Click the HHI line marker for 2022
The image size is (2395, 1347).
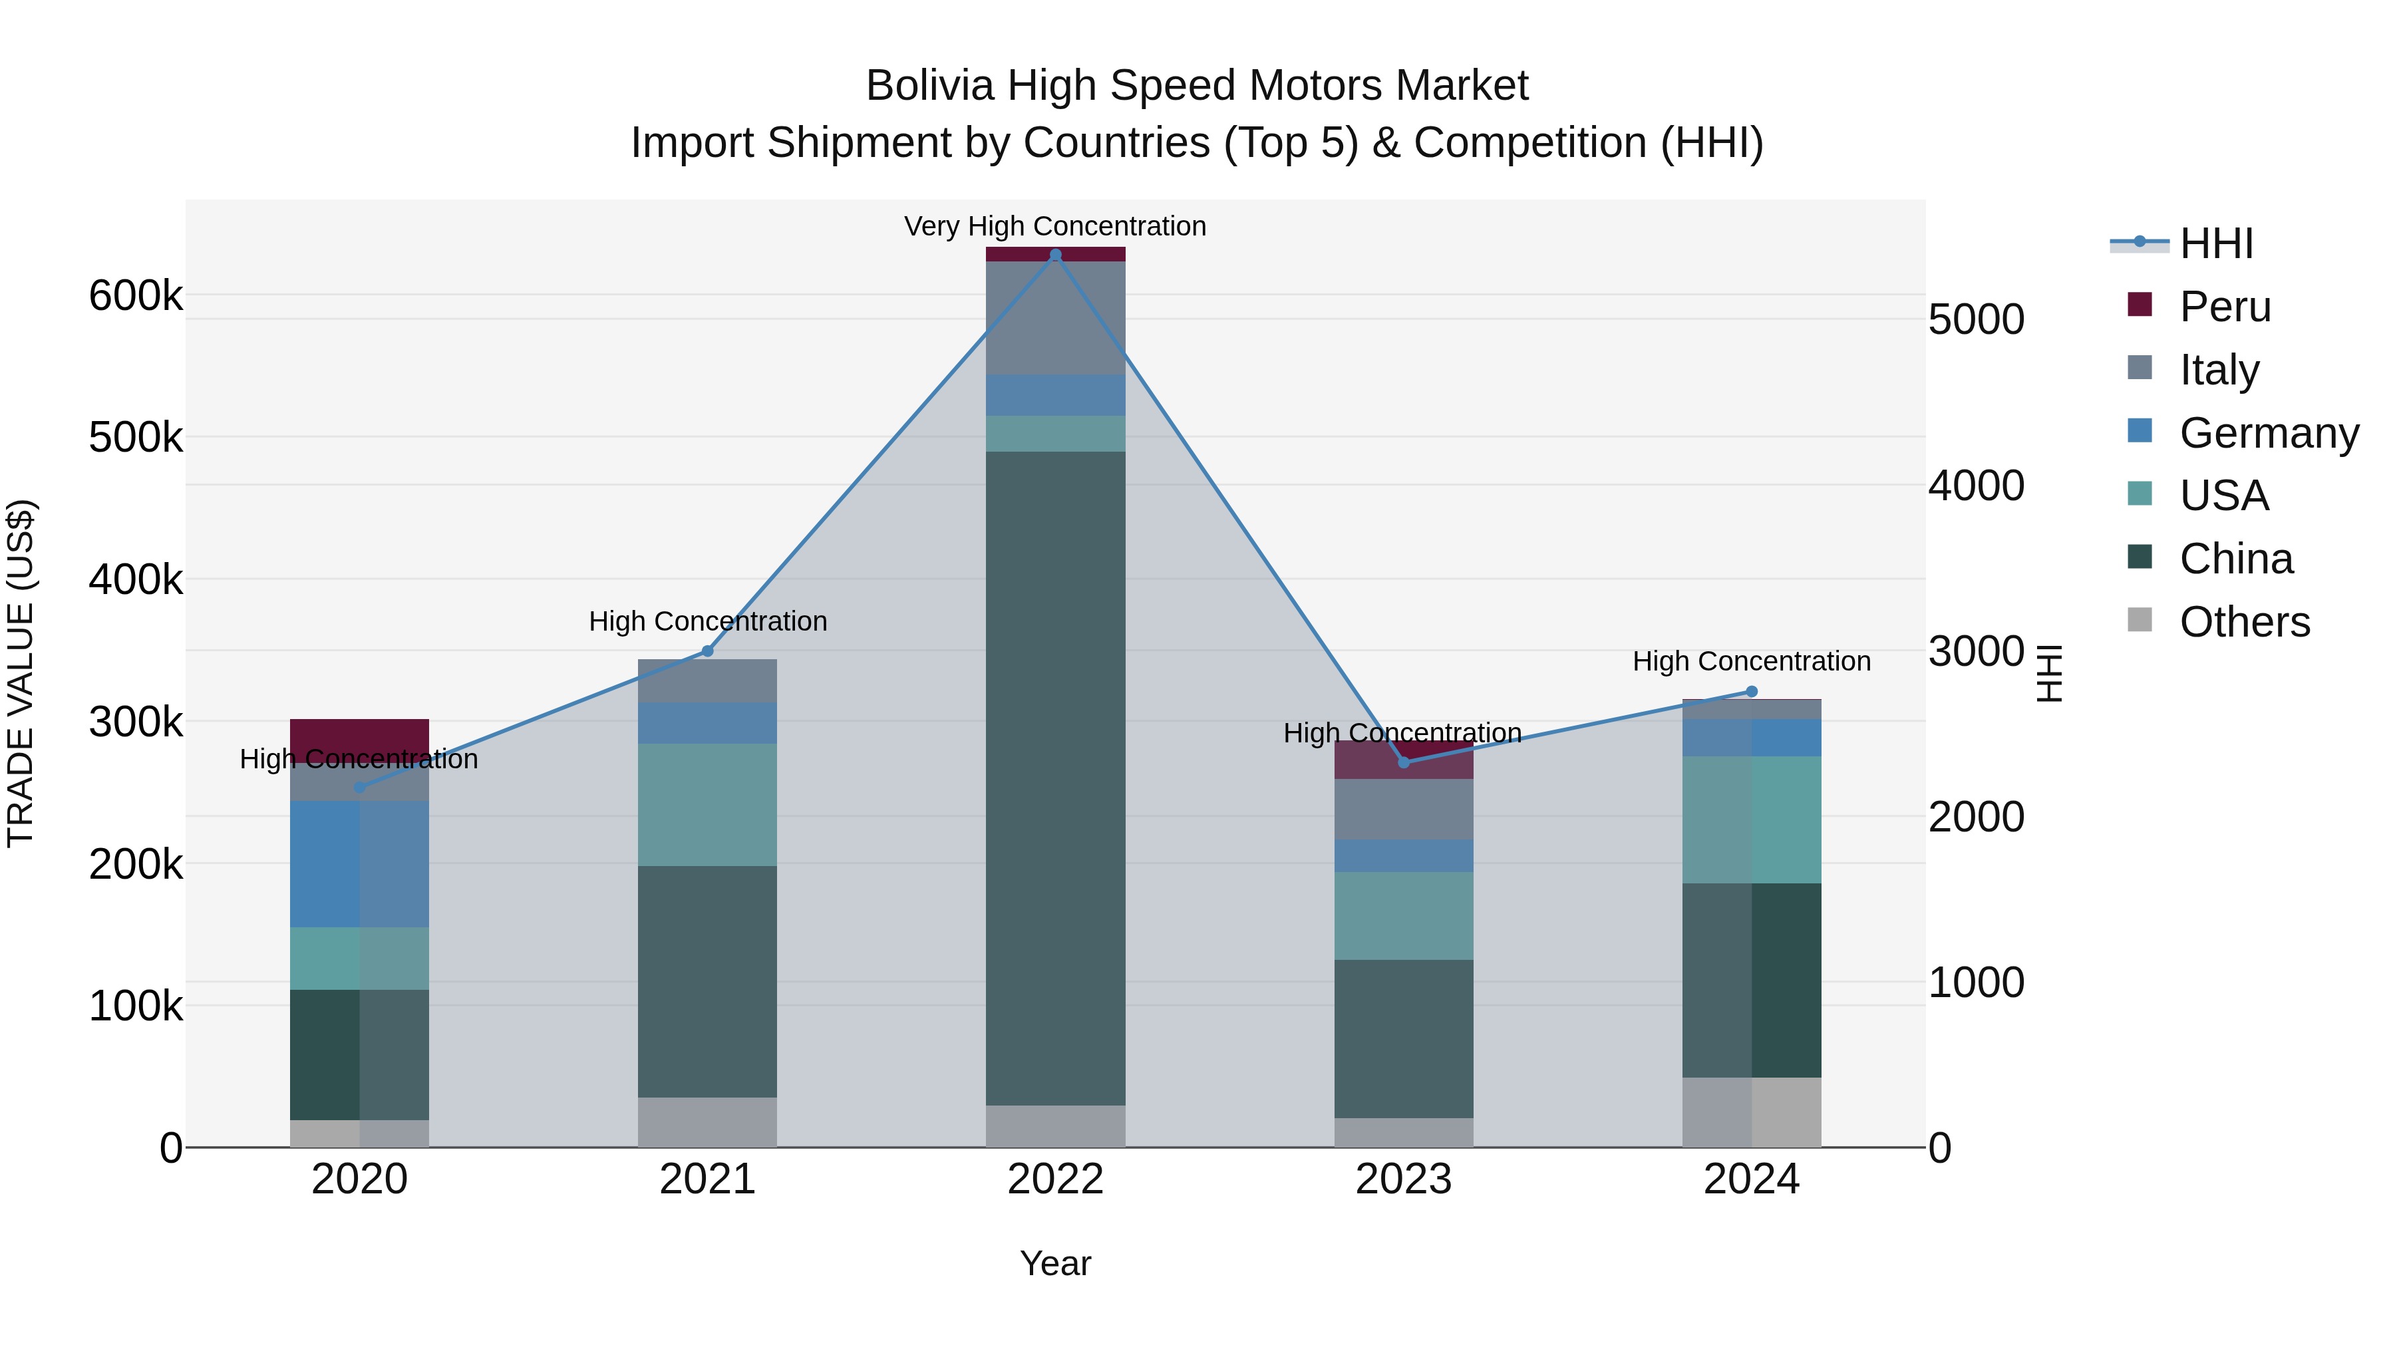[1055, 255]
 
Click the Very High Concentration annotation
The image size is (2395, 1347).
[1055, 226]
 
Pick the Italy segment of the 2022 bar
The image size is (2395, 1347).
[1055, 317]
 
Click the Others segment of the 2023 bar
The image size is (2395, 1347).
[1404, 1131]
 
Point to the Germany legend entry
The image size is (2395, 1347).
[2269, 433]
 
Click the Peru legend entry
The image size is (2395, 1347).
[2225, 307]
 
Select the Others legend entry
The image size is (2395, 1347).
[2245, 622]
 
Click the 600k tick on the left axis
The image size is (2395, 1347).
[136, 297]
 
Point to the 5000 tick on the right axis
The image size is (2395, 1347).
[1976, 320]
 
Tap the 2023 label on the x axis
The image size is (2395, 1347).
[1404, 1179]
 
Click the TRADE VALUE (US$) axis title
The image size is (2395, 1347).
[21, 673]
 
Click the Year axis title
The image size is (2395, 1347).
[1055, 1263]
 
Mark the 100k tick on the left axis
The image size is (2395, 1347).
[136, 1006]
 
